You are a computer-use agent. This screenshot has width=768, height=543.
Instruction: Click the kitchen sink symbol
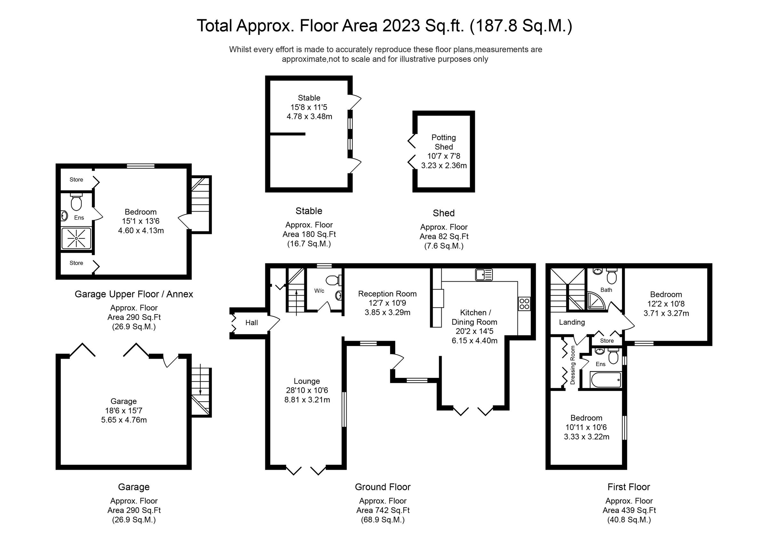(x=484, y=275)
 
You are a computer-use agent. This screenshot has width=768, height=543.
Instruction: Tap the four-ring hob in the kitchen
(x=524, y=304)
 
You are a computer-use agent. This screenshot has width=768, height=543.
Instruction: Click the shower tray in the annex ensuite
(x=76, y=238)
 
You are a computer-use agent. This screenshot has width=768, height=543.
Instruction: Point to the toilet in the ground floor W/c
(x=333, y=280)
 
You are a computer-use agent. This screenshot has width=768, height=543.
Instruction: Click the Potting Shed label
(x=444, y=142)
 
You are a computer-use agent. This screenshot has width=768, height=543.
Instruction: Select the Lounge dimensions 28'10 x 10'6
(x=307, y=390)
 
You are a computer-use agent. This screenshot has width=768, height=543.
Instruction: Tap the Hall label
(x=252, y=323)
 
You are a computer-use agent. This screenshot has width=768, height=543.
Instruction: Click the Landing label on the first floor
(x=572, y=322)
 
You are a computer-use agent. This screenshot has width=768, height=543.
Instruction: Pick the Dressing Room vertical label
(x=572, y=365)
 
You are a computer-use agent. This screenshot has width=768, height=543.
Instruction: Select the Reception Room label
(x=387, y=294)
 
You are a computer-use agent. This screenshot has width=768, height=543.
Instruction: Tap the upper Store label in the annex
(x=76, y=180)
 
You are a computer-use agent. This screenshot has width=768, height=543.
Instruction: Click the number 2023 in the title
(x=401, y=26)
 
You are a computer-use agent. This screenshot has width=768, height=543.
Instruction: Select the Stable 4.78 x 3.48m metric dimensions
(x=309, y=116)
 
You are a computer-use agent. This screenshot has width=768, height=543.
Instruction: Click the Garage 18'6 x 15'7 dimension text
(x=124, y=411)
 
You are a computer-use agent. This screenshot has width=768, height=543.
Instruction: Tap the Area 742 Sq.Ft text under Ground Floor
(x=383, y=510)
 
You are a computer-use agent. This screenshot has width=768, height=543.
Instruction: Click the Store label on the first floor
(x=606, y=340)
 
